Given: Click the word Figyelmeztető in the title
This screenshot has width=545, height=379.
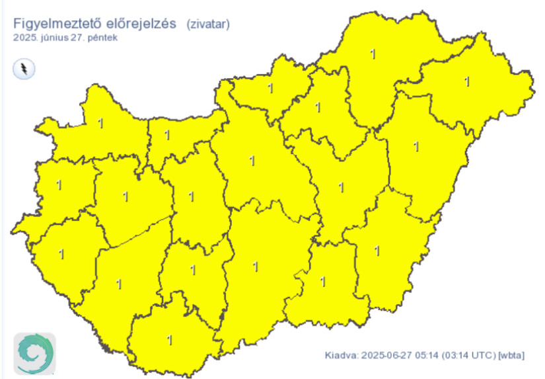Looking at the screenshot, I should [50, 23].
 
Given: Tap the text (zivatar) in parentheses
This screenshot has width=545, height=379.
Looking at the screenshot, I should [208, 24].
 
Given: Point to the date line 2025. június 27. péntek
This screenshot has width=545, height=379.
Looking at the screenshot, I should [65, 38].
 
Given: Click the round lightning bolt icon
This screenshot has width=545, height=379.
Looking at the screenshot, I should [24, 69].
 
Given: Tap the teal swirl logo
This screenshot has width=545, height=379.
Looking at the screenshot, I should [34, 353].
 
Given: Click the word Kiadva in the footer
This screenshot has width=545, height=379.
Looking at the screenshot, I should [340, 356].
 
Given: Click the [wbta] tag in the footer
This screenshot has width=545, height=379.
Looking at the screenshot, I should [512, 356].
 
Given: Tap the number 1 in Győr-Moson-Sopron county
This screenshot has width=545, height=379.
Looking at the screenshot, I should [100, 123].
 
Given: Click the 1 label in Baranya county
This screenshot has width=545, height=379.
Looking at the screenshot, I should [170, 340].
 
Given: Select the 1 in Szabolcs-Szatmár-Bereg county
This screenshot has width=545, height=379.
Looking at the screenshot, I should [467, 82].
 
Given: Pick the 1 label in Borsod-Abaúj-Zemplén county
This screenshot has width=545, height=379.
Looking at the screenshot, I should [374, 54].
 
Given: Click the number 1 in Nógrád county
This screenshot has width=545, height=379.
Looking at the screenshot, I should [270, 88].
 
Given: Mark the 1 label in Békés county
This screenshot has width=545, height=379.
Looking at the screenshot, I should [377, 251].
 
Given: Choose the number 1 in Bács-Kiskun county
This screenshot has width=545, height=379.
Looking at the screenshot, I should [256, 267].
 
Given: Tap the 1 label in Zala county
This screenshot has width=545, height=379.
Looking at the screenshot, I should [61, 253].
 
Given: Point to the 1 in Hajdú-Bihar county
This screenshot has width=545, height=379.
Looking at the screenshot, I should [416, 146].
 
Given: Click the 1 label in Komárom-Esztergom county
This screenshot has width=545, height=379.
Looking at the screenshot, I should [167, 136].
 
